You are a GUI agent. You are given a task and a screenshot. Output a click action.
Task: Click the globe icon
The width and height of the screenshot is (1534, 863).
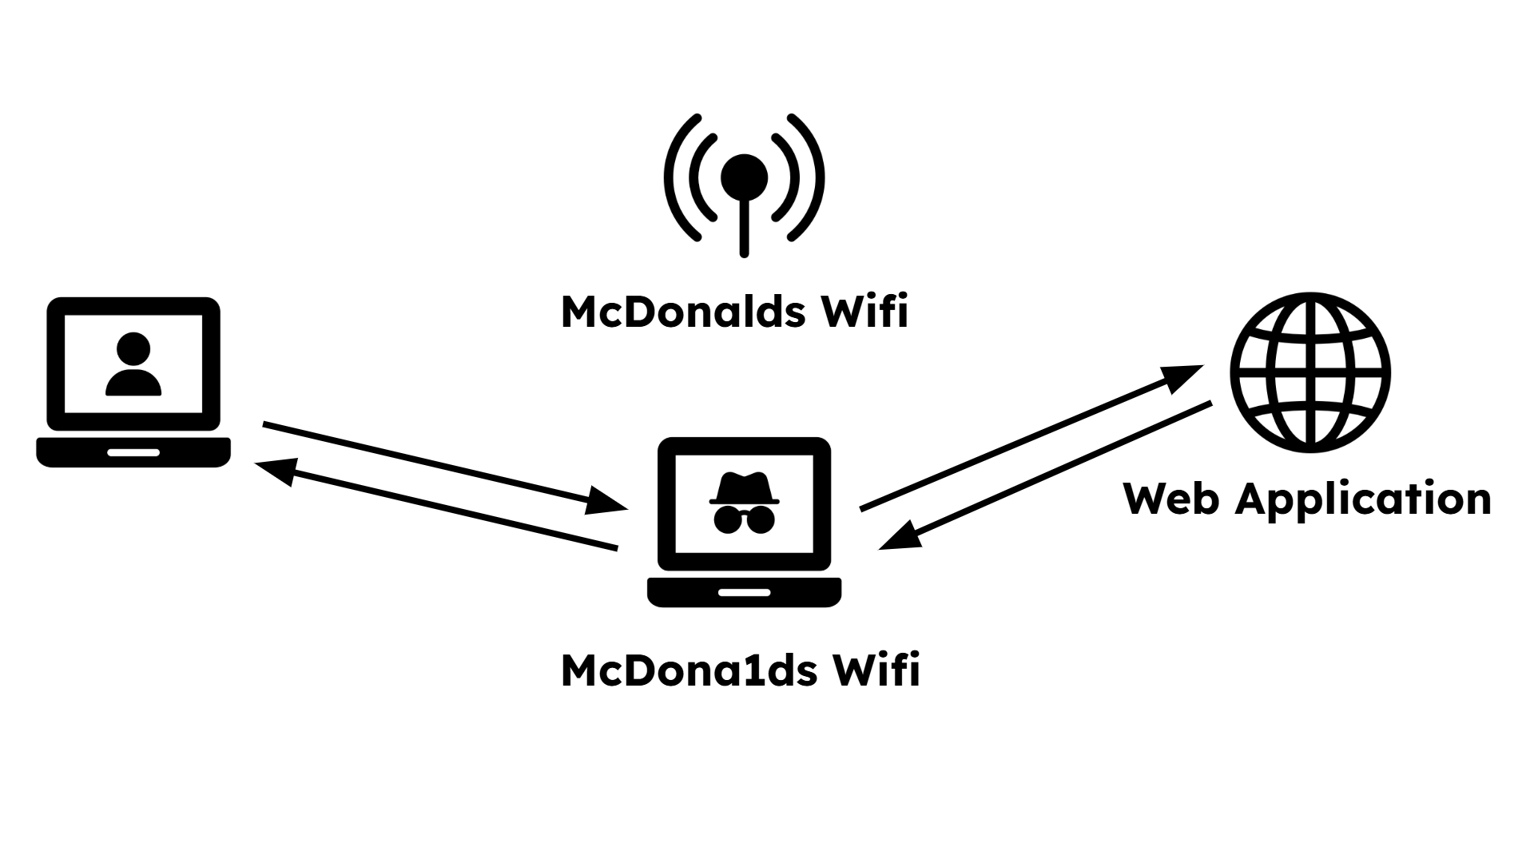point(1310,372)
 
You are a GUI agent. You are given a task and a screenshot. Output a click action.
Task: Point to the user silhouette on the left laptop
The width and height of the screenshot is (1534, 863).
point(133,365)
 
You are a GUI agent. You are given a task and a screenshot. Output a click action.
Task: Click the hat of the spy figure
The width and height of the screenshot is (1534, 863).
point(744,487)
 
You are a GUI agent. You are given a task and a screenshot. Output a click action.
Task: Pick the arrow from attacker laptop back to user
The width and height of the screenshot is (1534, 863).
point(435,505)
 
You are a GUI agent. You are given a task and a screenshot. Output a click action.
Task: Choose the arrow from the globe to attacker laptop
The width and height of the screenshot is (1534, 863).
point(1047,475)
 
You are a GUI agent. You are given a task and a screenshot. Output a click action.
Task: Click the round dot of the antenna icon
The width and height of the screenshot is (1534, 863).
point(744,177)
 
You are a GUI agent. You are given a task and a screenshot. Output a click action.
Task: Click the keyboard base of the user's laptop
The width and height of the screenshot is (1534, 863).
point(133,451)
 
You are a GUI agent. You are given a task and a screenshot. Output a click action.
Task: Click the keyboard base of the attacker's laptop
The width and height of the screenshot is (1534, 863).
point(744,592)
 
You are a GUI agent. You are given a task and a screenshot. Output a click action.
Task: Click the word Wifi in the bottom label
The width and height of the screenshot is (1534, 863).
point(876,670)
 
